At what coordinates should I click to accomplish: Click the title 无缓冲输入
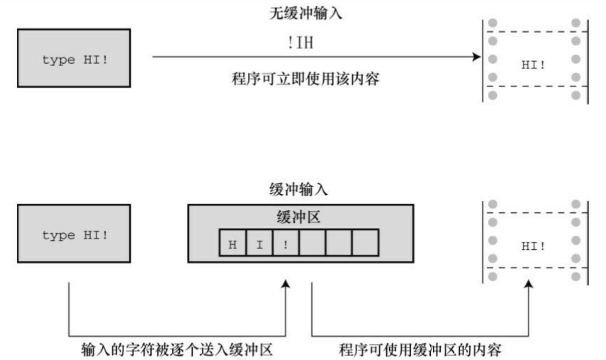[306, 14]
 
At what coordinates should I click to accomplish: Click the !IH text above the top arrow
[300, 43]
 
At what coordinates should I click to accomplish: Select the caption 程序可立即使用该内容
[305, 79]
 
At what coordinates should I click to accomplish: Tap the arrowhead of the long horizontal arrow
[477, 57]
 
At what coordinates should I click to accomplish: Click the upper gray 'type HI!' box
[74, 58]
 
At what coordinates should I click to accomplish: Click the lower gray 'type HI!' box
[74, 233]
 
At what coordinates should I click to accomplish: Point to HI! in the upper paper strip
[533, 65]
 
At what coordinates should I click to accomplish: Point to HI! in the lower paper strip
[533, 246]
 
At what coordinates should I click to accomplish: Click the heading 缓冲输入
[298, 189]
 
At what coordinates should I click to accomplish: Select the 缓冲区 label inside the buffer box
[298, 217]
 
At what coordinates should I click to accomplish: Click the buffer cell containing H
[233, 243]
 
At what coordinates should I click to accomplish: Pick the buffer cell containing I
[259, 243]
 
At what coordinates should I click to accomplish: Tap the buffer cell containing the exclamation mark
[286, 243]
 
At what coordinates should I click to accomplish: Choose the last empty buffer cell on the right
[365, 243]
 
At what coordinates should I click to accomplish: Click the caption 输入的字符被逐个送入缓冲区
[177, 350]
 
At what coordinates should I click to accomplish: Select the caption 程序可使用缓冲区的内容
[420, 350]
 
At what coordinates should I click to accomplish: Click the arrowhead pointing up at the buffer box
[286, 284]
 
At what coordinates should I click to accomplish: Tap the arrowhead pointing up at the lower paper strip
[529, 284]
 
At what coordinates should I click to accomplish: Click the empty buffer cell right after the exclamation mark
[312, 243]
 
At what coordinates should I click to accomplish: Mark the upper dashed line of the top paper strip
[535, 32]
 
